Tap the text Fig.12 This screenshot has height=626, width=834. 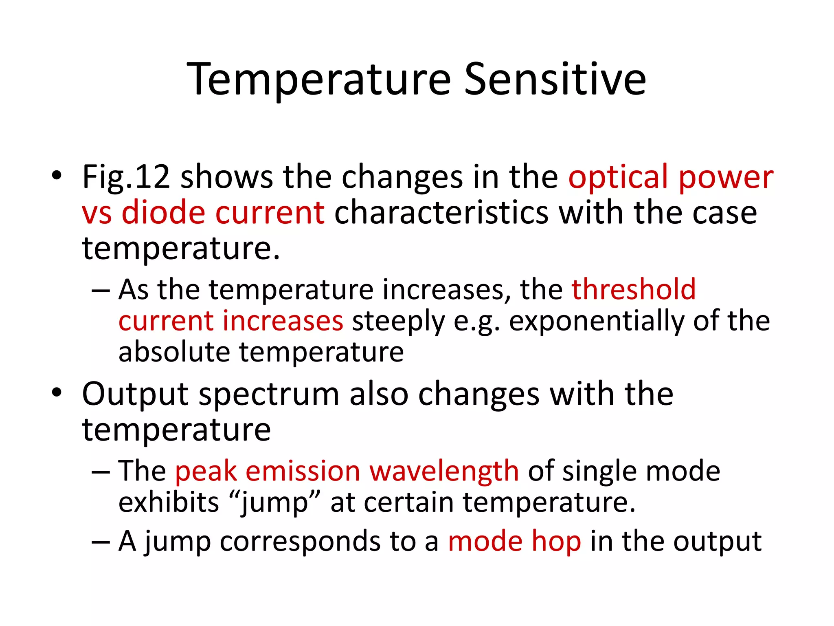[126, 177]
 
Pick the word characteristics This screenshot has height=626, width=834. [441, 213]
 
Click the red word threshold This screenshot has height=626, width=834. [634, 289]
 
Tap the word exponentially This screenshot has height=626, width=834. [596, 321]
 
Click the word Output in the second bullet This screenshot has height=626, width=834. [135, 394]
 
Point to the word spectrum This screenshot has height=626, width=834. [269, 394]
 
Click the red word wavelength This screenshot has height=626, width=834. [444, 471]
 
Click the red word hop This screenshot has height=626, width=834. [556, 542]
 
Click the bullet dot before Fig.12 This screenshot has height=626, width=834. [57, 176]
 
